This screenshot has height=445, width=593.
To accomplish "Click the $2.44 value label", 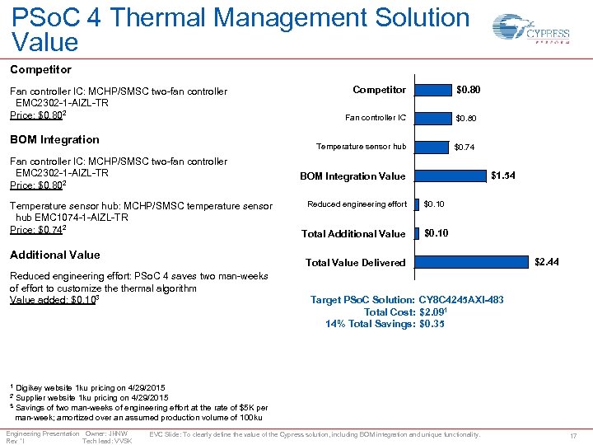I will coord(547,262).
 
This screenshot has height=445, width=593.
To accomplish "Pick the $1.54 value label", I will coord(503,176).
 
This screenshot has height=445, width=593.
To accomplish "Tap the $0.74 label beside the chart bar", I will coord(465,147).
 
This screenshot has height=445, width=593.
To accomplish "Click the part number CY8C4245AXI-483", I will coord(461,300).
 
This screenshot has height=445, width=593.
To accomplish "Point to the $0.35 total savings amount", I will coord(432,325).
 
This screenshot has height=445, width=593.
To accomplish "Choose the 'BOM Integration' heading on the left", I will coord(54,139).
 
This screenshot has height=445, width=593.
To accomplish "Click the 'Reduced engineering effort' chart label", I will coord(357,204).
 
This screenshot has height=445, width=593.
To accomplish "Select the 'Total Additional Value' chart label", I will coord(353,234).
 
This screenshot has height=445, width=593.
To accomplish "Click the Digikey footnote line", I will coord(87,387).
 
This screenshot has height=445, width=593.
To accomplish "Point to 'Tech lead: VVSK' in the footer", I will coord(107,441).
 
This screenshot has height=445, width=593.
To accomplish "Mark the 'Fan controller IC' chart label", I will coord(376,118).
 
